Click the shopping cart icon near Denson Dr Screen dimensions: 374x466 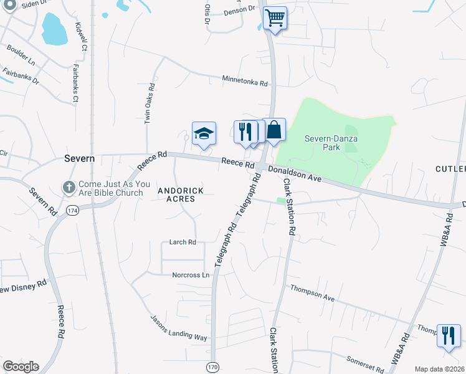[x=275, y=17]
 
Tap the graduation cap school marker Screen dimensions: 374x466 [x=204, y=133]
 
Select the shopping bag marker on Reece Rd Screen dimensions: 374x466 [x=274, y=130]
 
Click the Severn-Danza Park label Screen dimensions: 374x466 [x=323, y=143]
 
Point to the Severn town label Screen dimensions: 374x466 [x=80, y=158]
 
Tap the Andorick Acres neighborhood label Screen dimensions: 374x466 [x=176, y=194]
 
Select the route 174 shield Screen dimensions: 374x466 [x=72, y=211]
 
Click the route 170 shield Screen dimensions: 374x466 [x=212, y=368]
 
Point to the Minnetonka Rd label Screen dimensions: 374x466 [x=245, y=82]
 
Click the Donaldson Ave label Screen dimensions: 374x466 [x=295, y=174]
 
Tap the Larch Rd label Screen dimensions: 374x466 [x=183, y=242]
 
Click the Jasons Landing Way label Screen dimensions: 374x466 [x=179, y=328]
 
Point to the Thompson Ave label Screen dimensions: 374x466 [x=311, y=293]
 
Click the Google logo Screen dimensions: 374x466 [x=21, y=367]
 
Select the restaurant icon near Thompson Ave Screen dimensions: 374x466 [x=449, y=335]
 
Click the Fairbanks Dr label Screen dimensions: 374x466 [x=21, y=77]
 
